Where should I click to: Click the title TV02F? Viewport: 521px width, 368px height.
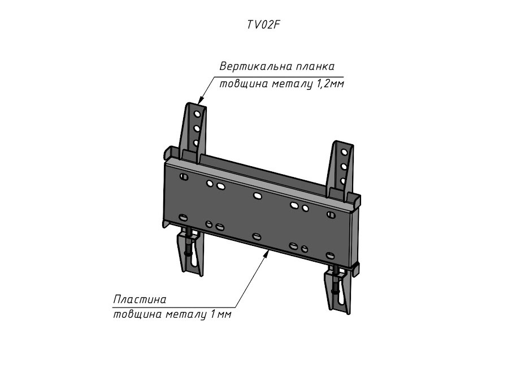[x=262, y=25]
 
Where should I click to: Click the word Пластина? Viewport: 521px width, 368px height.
[x=140, y=300]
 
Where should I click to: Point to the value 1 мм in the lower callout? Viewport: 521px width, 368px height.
[x=220, y=314]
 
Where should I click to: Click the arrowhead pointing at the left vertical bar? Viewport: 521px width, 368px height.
[x=201, y=99]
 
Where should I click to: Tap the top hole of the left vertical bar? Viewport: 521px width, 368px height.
[x=197, y=114]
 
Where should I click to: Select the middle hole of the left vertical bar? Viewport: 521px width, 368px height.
[x=197, y=128]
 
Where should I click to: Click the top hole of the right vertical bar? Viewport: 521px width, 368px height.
[x=344, y=152]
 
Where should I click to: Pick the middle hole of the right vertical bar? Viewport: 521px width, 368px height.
[x=343, y=167]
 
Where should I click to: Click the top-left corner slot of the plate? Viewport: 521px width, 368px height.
[x=184, y=177]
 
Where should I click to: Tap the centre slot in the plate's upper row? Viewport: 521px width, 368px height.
[x=257, y=196]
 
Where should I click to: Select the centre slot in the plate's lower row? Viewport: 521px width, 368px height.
[x=257, y=237]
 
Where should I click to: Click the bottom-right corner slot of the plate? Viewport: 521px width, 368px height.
[x=331, y=256]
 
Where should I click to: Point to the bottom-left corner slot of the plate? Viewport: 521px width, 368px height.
[x=183, y=218]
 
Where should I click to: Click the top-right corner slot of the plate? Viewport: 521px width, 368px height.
[x=331, y=215]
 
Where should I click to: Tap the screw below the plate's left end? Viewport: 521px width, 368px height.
[x=188, y=246]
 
